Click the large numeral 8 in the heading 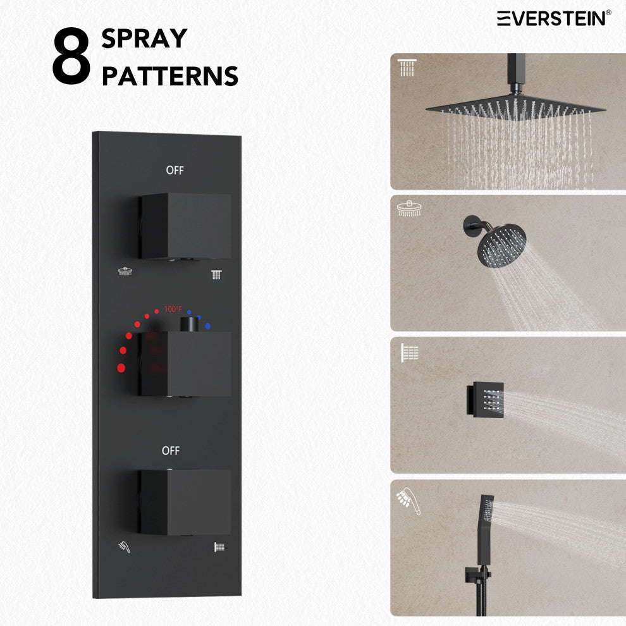(71, 56)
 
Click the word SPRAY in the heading (144, 39)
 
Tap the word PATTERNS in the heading (170, 76)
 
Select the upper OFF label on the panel (175, 171)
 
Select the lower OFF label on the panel (171, 451)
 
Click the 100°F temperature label (173, 309)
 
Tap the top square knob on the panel (185, 226)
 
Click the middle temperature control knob (185, 364)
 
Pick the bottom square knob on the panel (185, 502)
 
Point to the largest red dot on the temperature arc (121, 368)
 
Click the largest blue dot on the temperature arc (207, 326)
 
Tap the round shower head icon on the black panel (125, 271)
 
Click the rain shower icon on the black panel (216, 274)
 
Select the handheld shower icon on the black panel (125, 547)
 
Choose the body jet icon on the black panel (219, 547)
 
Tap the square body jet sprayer (485, 398)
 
